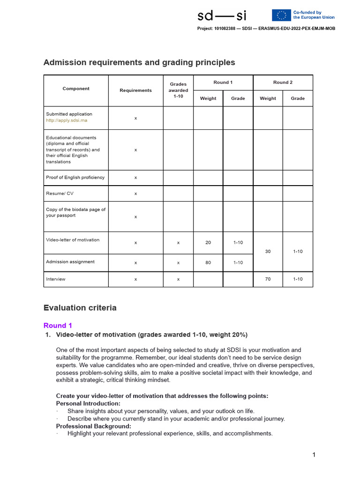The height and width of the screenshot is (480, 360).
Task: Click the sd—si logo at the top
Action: coord(222,16)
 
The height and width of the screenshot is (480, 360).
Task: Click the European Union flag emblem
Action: coord(281,15)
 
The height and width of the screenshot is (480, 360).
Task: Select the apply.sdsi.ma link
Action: coord(67,120)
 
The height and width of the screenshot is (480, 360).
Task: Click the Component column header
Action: coord(76,89)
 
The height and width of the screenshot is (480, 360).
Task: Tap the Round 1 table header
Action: coord(223,82)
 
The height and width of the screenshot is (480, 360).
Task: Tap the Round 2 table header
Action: coord(283,82)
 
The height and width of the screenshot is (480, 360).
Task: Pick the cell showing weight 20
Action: coord(208,243)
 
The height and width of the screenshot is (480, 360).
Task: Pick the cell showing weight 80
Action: coord(208,263)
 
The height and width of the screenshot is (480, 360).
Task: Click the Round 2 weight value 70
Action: coord(268,279)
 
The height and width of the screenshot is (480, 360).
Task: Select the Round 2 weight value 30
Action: coord(268,252)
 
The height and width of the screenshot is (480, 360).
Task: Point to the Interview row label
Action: coord(56,279)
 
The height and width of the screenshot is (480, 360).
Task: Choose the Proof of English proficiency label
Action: coord(75,178)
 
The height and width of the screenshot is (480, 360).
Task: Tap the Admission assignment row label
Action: coord(70,262)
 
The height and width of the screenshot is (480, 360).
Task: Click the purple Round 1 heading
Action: coord(58,325)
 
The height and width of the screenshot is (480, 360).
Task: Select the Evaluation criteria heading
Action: coord(80,308)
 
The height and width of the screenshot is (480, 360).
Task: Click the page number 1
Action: coord(314,455)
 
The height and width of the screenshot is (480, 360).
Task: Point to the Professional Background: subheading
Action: coord(93,426)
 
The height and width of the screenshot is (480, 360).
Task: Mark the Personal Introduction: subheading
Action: coord(88,404)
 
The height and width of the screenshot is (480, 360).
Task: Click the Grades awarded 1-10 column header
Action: coord(178,90)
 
